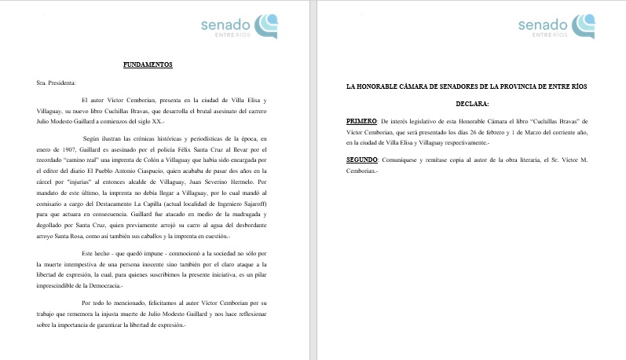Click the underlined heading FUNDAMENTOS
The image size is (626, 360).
(x=148, y=64)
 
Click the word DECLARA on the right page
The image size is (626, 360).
(x=472, y=103)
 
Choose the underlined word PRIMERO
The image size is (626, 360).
(x=361, y=122)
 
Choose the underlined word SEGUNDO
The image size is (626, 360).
(x=363, y=160)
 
